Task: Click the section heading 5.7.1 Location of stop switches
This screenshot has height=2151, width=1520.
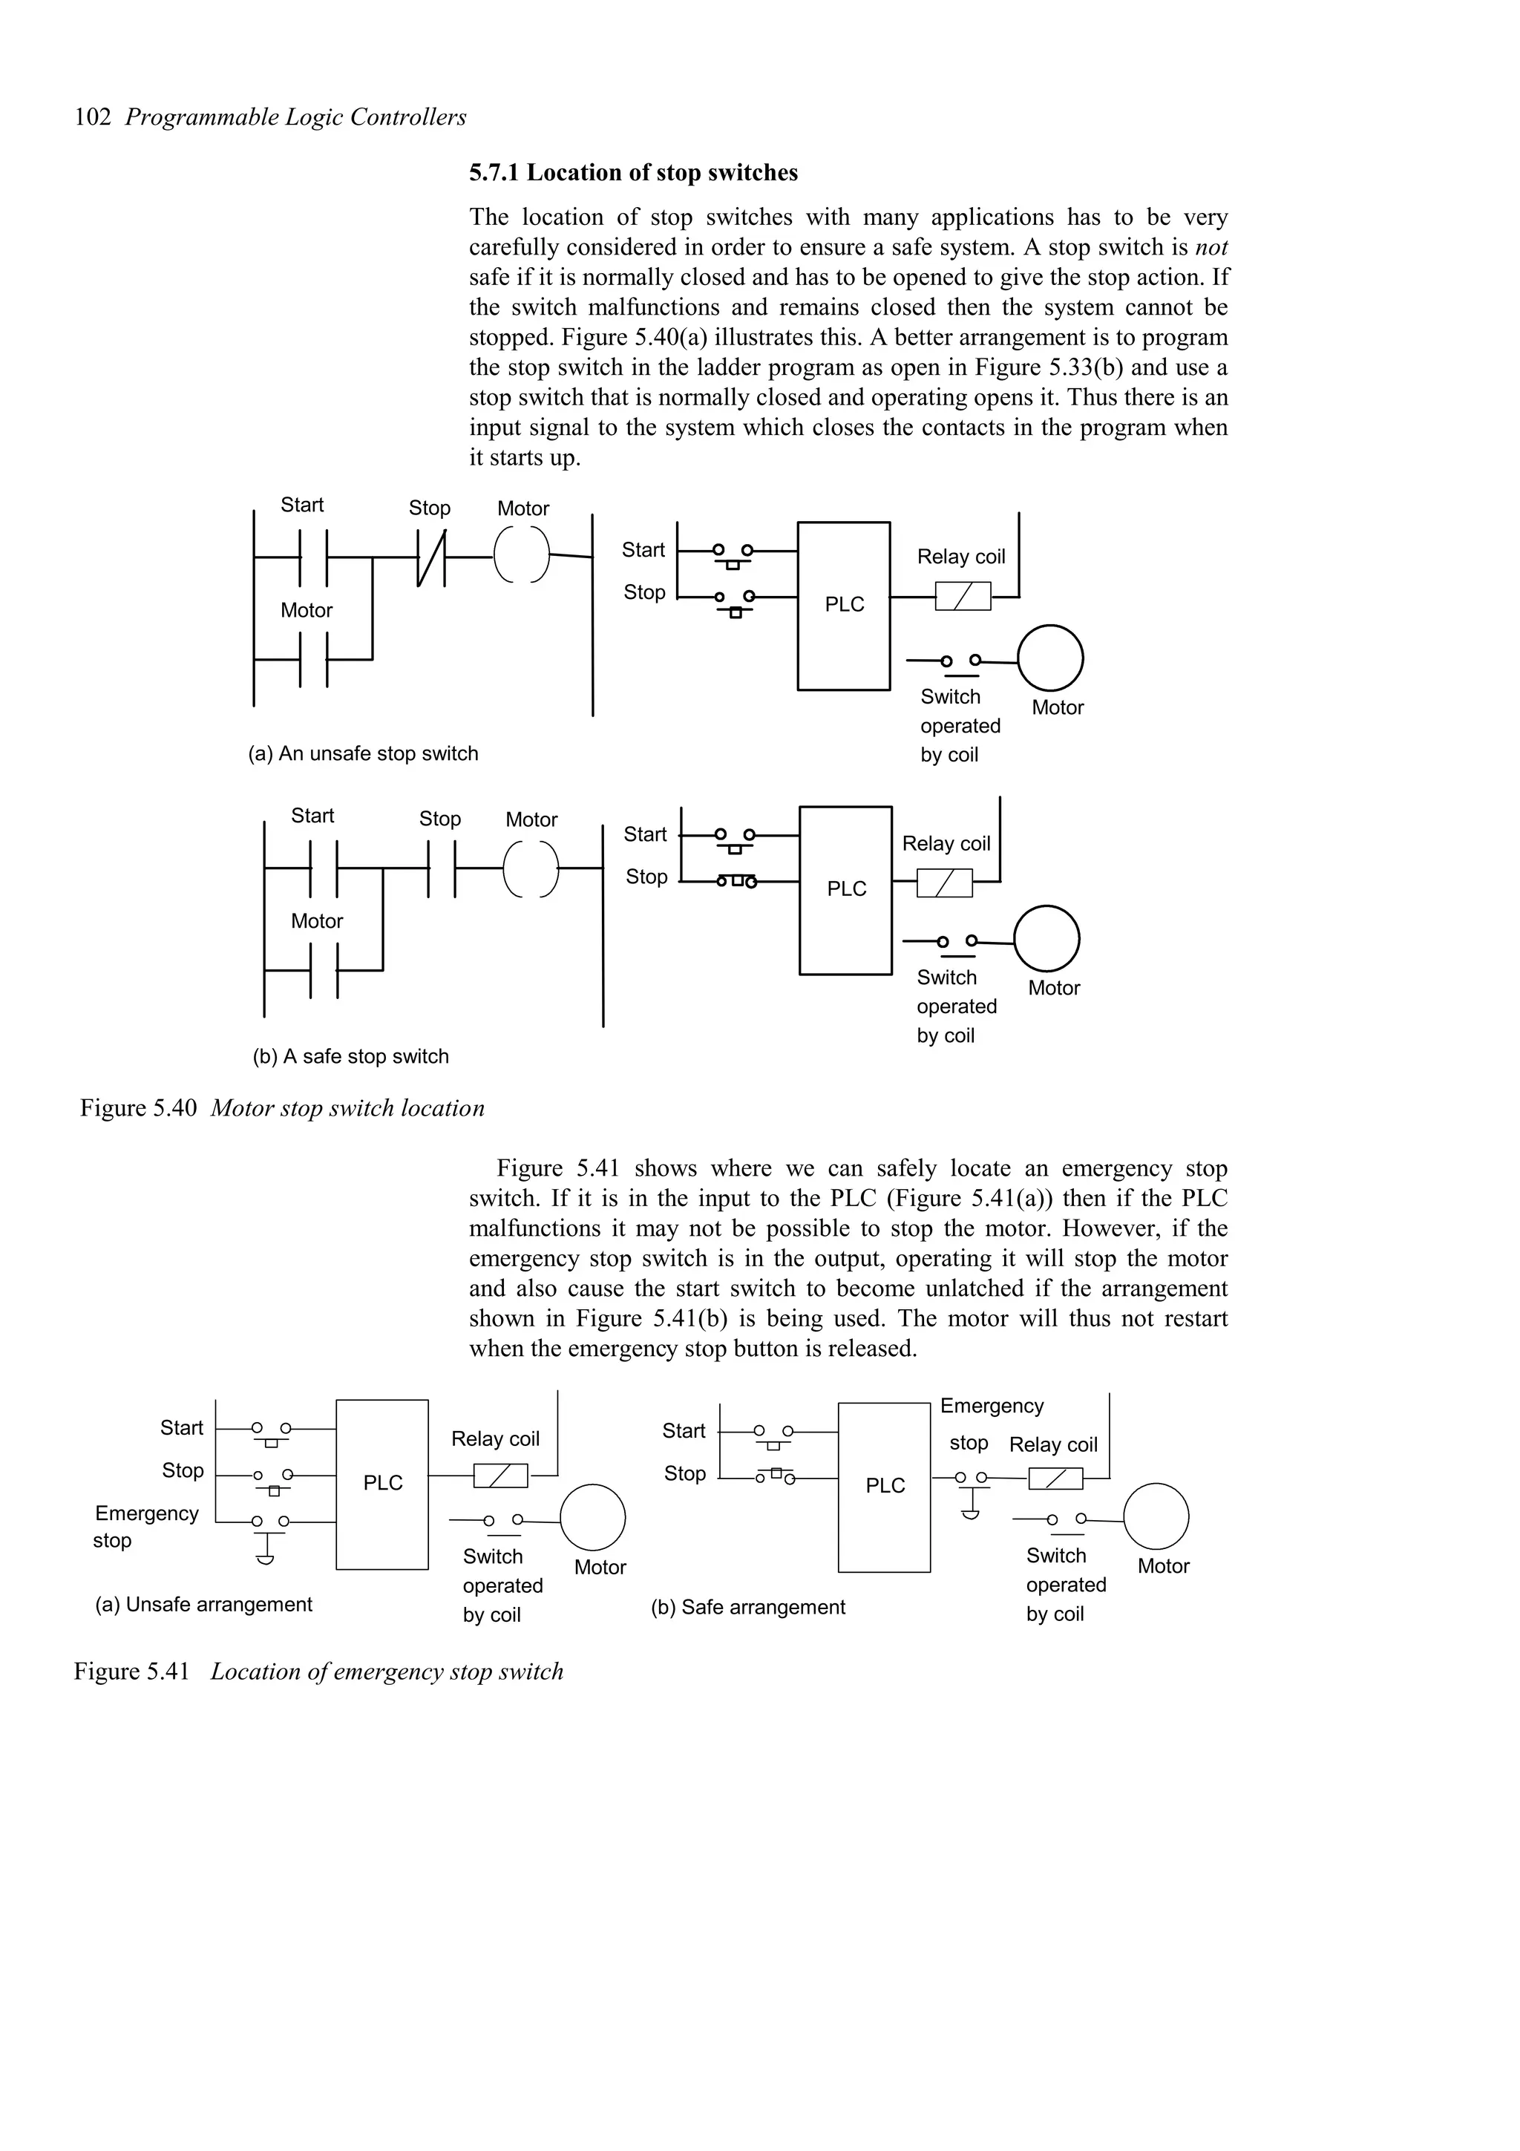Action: coord(633,174)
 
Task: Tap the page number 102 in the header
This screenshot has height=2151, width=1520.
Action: coord(93,118)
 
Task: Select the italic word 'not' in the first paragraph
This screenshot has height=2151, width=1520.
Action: coord(1211,247)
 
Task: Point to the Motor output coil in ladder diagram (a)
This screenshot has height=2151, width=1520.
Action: coord(522,554)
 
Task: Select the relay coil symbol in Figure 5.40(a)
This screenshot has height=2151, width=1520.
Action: coord(963,596)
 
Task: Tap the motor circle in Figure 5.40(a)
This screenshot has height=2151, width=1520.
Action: coord(1050,658)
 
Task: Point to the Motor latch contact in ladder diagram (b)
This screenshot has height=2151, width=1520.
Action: coord(323,971)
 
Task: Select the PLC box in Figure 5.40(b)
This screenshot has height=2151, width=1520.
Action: coord(845,889)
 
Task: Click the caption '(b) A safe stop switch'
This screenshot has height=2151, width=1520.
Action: coord(350,1057)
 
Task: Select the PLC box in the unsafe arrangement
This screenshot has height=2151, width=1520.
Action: coord(382,1484)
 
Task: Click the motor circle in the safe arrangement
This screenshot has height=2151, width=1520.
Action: coord(1156,1516)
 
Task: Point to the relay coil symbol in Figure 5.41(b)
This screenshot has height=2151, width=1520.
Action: coord(1055,1479)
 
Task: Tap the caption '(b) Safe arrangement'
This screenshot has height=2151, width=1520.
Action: coord(747,1608)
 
